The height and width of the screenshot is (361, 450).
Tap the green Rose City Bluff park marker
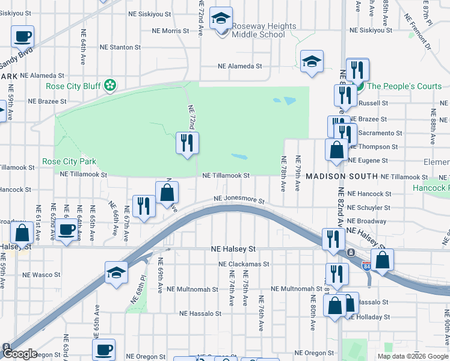coord(109,86)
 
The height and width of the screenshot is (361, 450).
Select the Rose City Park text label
coord(69,162)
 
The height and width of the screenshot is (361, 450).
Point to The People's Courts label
coord(404,86)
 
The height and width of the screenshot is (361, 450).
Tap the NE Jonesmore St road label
coord(240,201)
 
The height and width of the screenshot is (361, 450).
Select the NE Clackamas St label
coord(244,264)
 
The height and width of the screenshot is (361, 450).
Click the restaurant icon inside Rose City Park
coord(187,143)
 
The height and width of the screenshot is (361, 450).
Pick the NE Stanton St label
coord(120,46)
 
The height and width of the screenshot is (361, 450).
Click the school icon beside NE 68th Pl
coord(116,272)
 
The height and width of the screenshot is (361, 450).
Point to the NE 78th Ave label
coord(283,173)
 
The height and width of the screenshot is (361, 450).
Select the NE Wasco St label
coord(42,274)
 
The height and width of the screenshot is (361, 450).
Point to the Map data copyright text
coord(413,356)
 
